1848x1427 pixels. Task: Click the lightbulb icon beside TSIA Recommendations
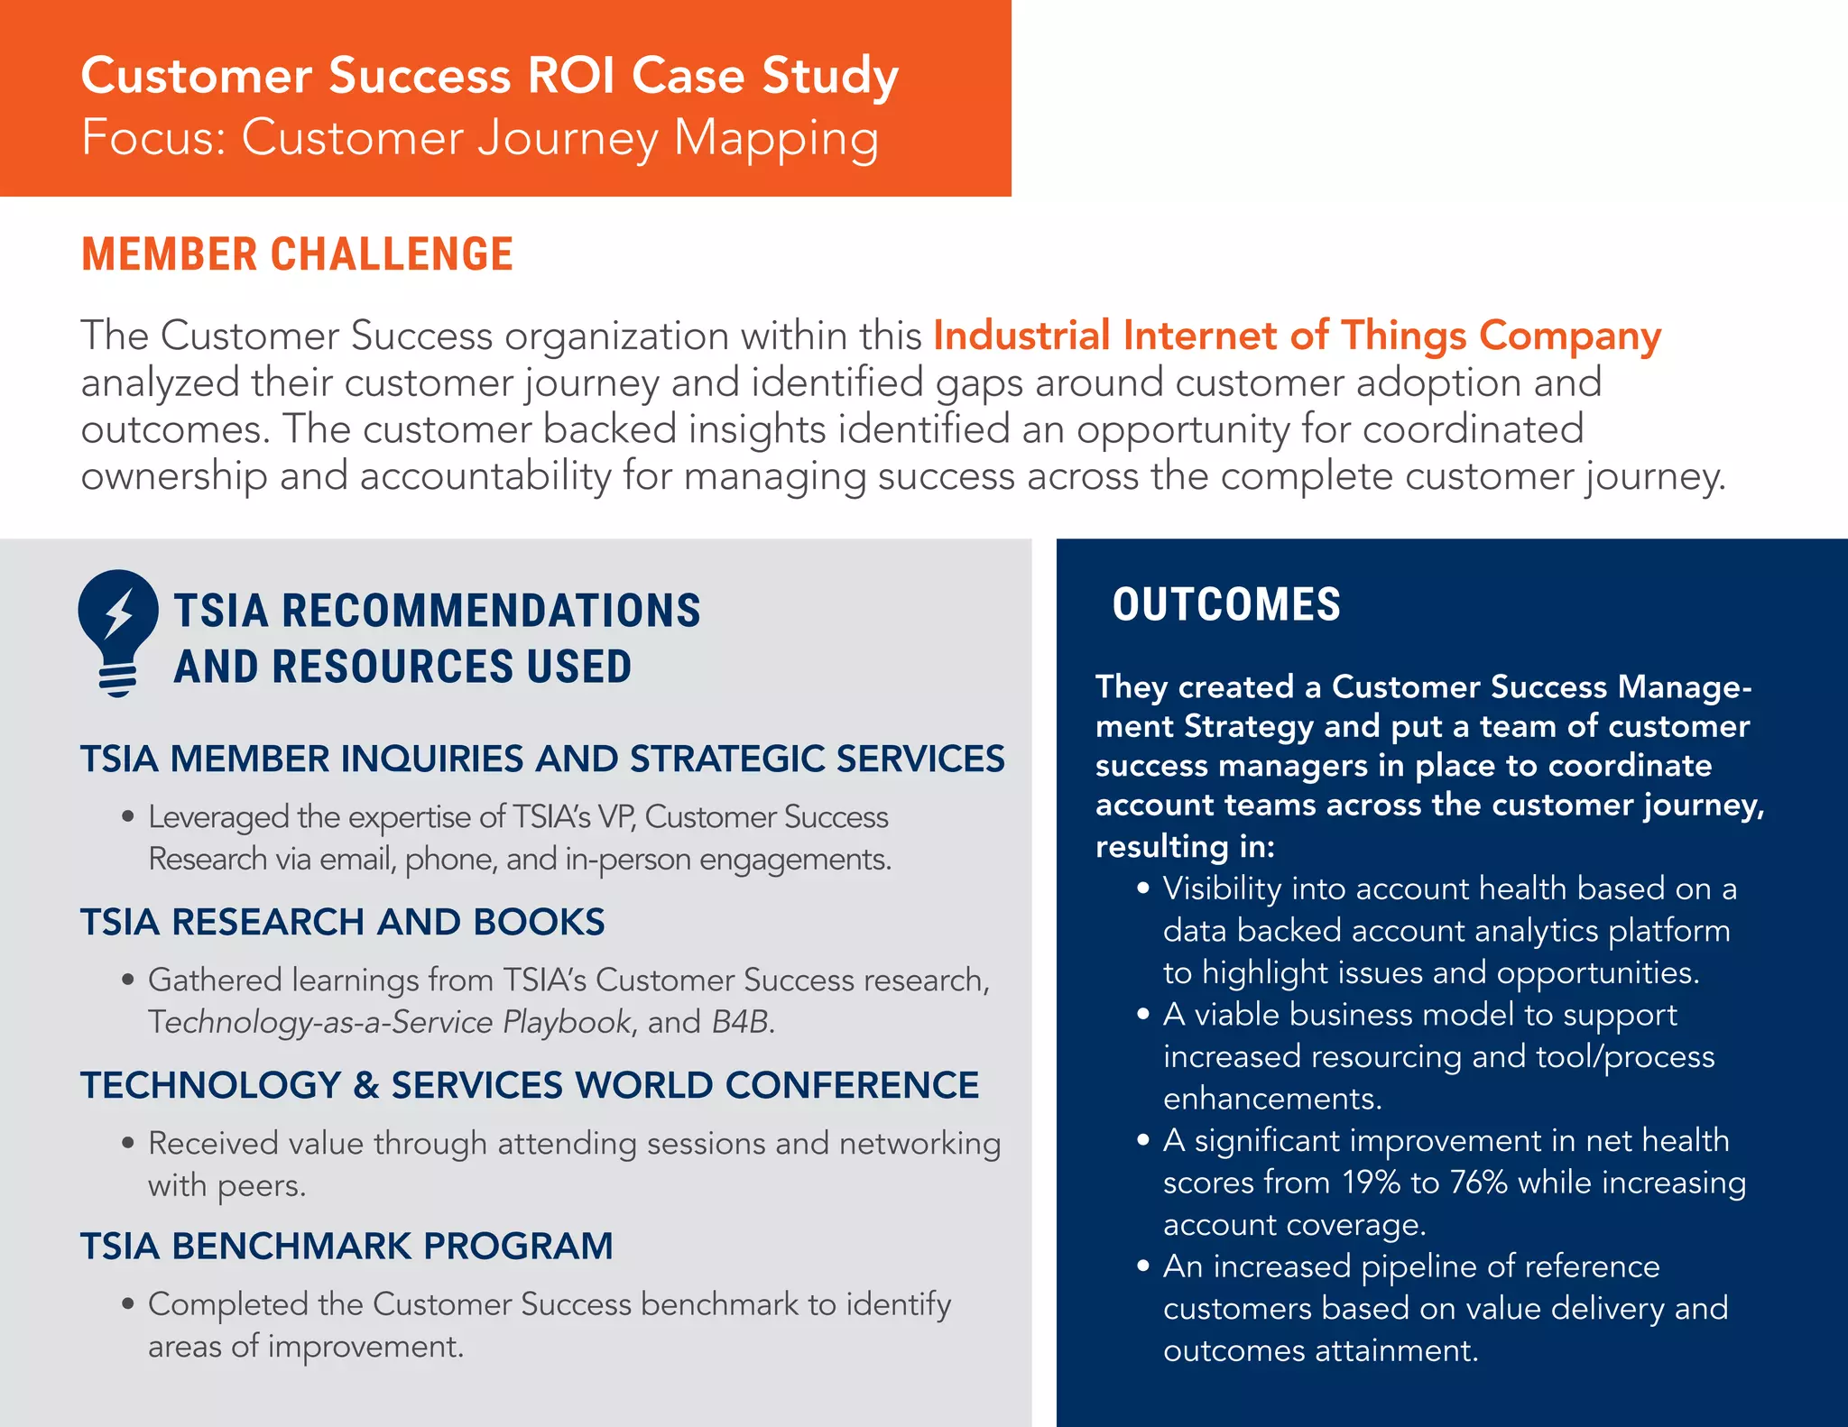click(118, 631)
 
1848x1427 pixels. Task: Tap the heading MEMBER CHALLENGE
click(297, 254)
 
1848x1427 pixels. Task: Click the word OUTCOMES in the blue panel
click(1225, 604)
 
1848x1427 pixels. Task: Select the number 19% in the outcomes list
click(1371, 1183)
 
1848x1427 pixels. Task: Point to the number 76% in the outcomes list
click(1478, 1183)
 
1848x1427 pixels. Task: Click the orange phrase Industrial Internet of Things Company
click(1297, 336)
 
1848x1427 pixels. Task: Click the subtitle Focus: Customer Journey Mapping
click(479, 138)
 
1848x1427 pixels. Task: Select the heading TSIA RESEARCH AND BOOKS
click(342, 922)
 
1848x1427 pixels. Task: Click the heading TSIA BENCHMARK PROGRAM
click(346, 1246)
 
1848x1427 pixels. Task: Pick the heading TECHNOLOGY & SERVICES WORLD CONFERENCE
click(529, 1084)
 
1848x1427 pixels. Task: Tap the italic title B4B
click(740, 1022)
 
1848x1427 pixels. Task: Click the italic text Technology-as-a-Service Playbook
click(389, 1022)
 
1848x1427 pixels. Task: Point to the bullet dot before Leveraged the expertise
click(128, 817)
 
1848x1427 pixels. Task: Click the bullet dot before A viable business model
click(1143, 1015)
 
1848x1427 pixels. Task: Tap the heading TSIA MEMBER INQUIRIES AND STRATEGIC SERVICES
click(541, 759)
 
